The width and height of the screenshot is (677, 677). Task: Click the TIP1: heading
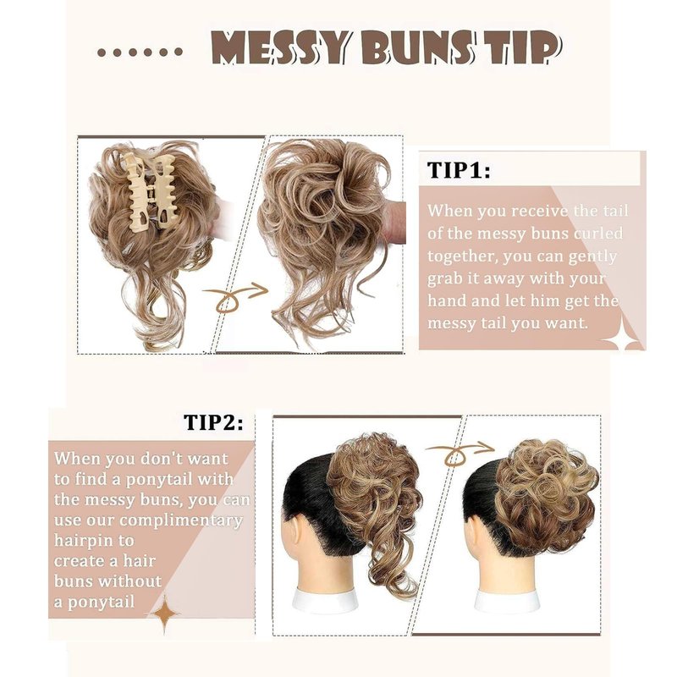[459, 170]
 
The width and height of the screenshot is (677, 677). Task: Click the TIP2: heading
[213, 421]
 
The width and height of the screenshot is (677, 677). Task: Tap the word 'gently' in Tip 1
[592, 257]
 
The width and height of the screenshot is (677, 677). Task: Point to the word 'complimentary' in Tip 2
[181, 520]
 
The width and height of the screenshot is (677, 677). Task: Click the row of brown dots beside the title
[140, 52]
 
